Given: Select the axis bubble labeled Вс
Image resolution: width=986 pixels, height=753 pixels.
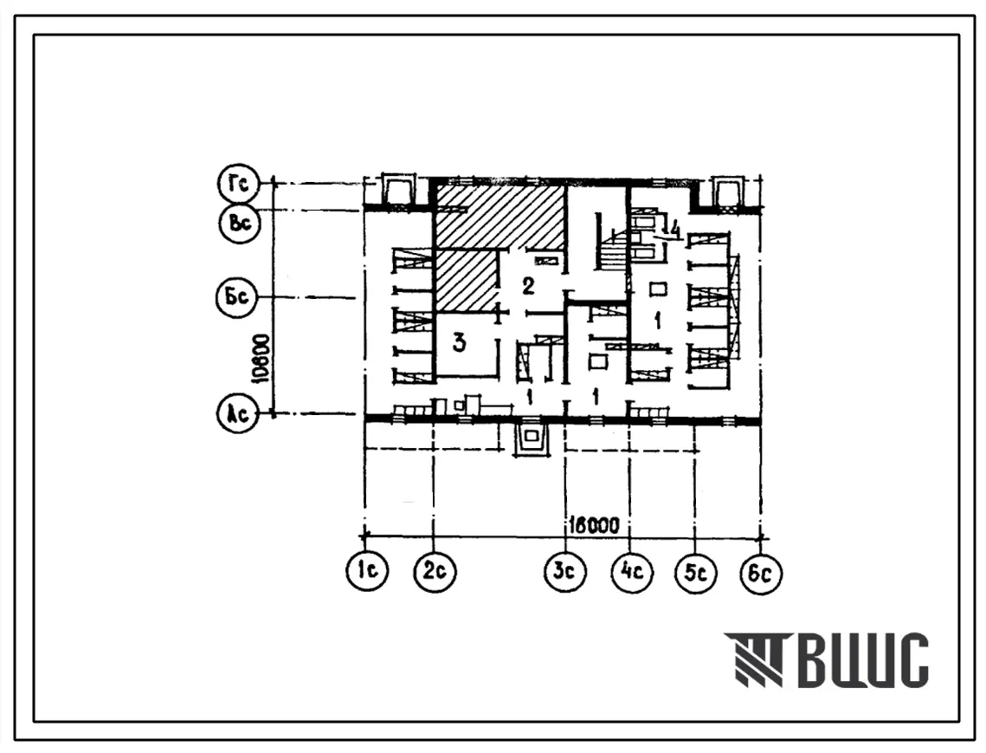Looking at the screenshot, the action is point(240,223).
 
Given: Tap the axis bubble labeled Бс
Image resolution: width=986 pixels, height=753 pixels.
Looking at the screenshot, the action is point(236,296).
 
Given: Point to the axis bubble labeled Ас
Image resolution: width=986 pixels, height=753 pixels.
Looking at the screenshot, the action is point(237,414).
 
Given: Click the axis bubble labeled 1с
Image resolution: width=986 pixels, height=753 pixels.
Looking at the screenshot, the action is point(367,570).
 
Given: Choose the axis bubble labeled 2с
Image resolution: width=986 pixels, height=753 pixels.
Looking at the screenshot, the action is point(435,572).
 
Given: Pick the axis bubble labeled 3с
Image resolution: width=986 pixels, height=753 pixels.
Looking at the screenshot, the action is point(564,572).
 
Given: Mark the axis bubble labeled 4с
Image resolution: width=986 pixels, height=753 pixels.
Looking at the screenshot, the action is point(632,572).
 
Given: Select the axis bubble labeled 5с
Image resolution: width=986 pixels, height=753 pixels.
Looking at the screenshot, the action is point(695,573).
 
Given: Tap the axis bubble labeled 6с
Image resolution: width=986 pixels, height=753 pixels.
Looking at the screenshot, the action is point(761,573).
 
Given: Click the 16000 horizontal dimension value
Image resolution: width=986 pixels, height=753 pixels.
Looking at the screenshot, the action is point(594,524).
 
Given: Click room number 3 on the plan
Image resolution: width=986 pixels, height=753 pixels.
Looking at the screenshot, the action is point(460,343).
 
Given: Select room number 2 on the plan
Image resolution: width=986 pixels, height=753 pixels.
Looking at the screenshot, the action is point(528,286).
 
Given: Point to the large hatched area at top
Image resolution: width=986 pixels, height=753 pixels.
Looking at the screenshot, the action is point(499,217).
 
